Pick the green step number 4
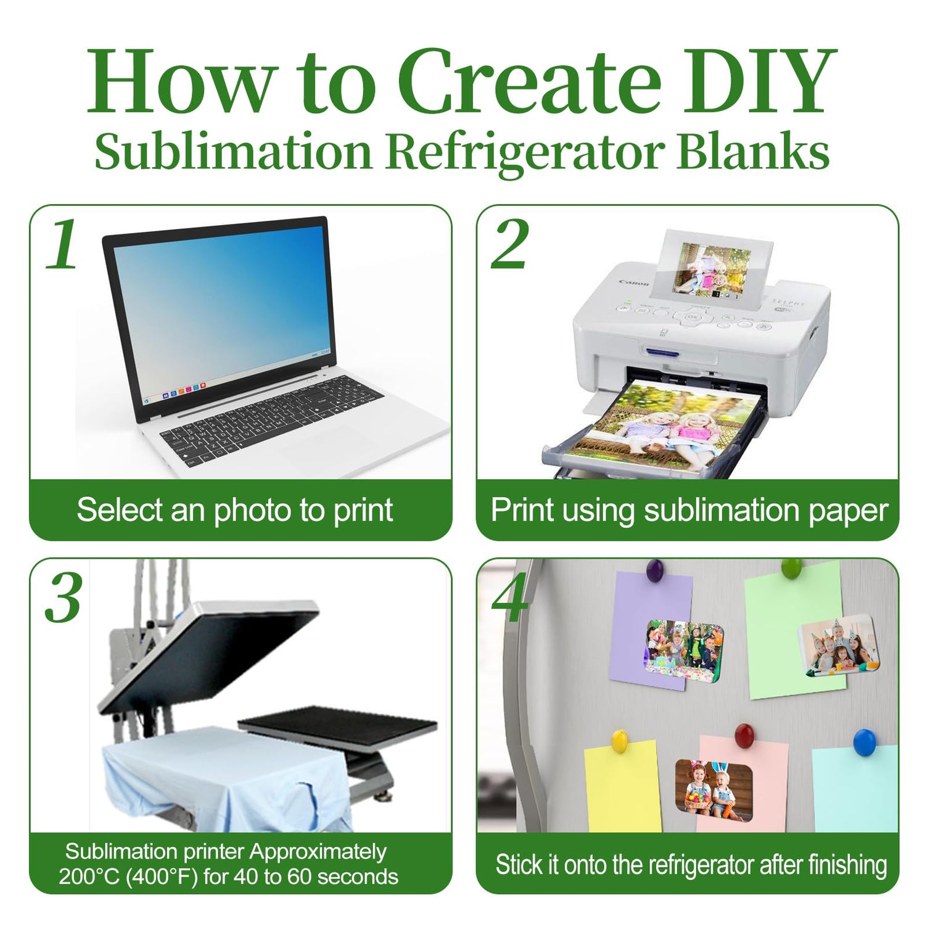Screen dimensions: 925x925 click(x=510, y=598)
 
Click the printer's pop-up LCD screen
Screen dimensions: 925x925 click(x=713, y=270)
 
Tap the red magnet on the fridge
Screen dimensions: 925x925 click(x=745, y=735)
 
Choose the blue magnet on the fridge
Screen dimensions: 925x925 click(x=865, y=742)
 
